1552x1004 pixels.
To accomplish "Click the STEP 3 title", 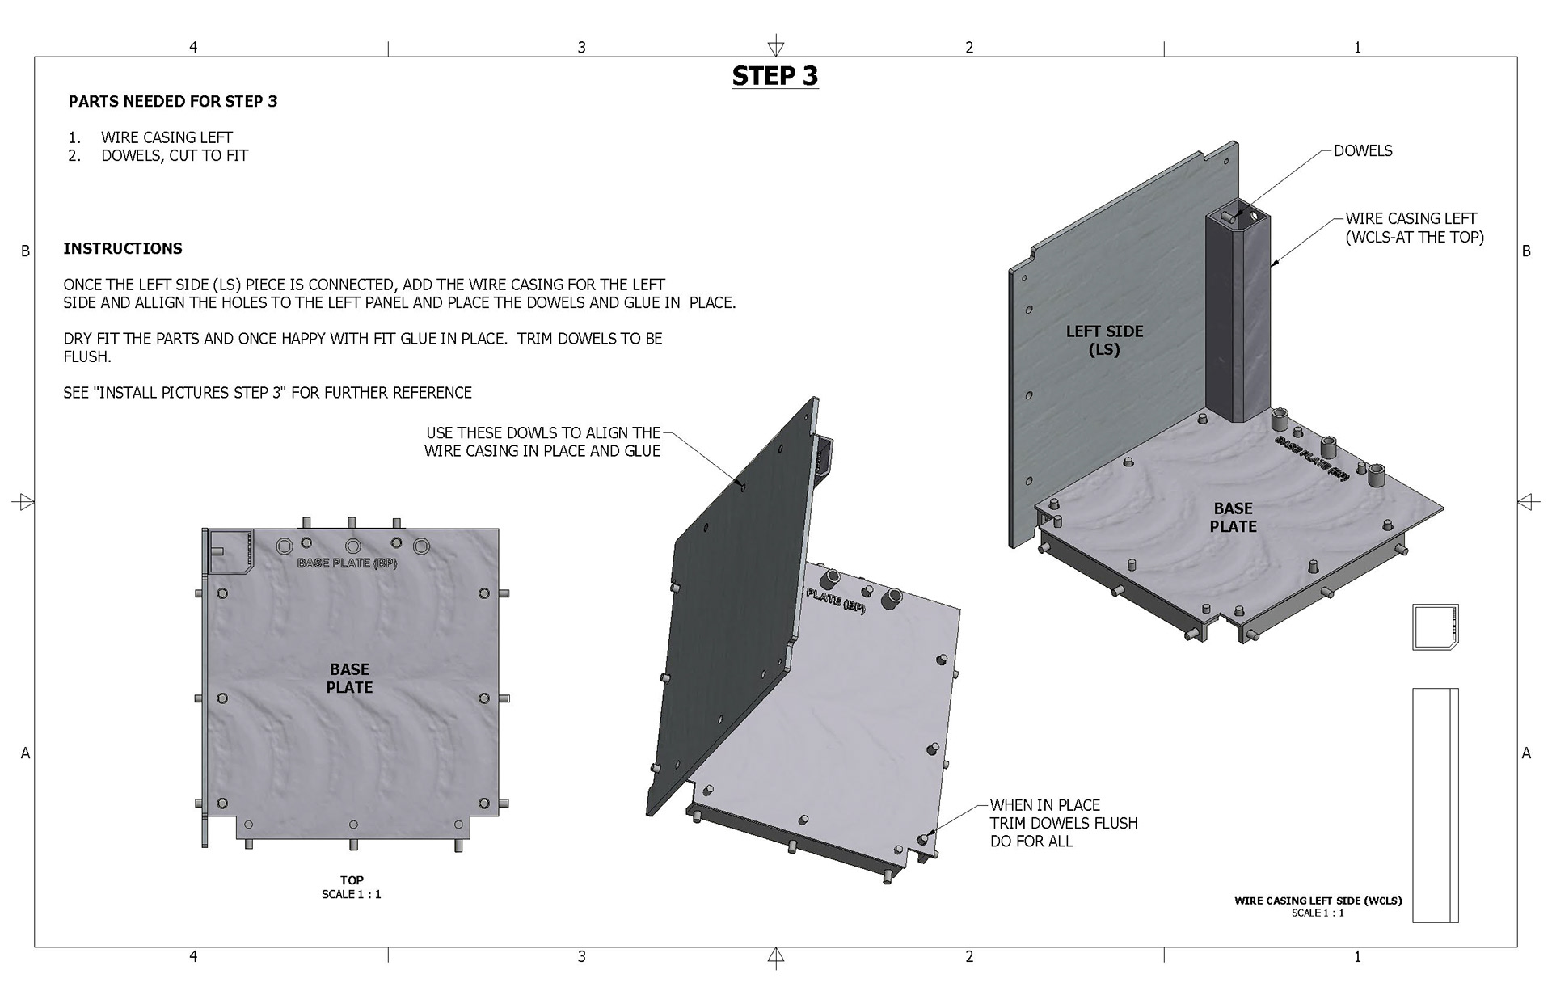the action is point(775,76).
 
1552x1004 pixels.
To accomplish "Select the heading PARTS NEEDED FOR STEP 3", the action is point(173,102).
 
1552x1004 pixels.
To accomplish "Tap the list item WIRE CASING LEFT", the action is point(167,137).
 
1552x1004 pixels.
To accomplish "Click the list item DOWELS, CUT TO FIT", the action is point(175,155).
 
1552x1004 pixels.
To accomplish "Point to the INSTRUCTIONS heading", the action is point(123,249).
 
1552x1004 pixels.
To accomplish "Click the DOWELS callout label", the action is point(1363,151).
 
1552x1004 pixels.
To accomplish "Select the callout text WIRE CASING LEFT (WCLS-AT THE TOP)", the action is point(1415,228).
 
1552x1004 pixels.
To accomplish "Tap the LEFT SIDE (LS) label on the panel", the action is point(1104,340).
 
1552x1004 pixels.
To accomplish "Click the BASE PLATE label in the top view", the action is point(349,678).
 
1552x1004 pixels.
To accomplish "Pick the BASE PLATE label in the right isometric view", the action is point(1234,517).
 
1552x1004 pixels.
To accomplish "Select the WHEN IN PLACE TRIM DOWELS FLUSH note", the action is point(1064,823).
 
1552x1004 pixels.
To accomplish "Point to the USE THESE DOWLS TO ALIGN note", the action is point(542,442).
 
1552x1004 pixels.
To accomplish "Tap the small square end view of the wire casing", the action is point(1436,626).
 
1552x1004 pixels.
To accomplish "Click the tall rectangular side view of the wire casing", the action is point(1436,805).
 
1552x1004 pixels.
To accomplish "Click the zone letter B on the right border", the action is point(1526,251).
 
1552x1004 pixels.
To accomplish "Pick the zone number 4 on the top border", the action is point(193,48).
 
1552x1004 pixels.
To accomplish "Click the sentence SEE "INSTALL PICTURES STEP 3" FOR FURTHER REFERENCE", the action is point(268,393).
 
